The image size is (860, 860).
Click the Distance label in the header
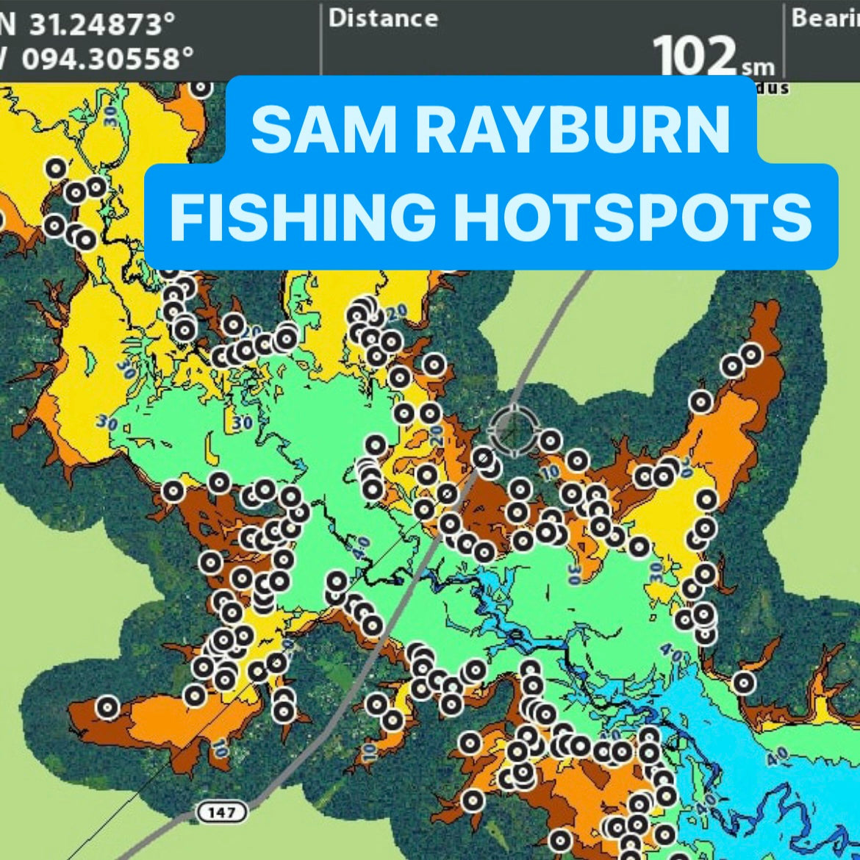pyautogui.click(x=383, y=18)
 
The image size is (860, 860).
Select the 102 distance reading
pyautogui.click(x=694, y=56)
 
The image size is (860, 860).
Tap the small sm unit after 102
pyautogui.click(x=758, y=67)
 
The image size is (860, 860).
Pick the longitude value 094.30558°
pyautogui.click(x=107, y=58)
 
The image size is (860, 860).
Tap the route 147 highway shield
pyautogui.click(x=221, y=812)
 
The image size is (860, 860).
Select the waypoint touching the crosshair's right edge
pyautogui.click(x=550, y=441)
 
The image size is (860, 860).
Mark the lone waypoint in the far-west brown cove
pyautogui.click(x=107, y=707)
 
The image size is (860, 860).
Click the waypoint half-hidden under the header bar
pyautogui.click(x=200, y=87)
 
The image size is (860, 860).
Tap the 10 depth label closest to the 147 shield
pyautogui.click(x=219, y=748)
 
